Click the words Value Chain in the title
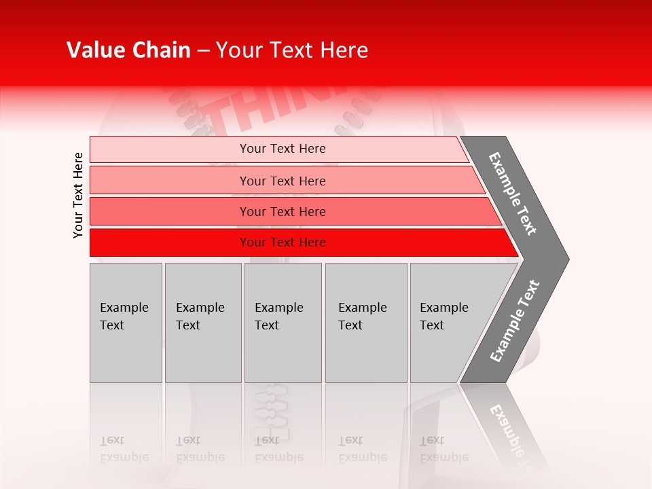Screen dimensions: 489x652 (128, 50)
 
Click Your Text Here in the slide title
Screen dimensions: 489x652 (292, 50)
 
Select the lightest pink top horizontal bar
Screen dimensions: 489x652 (170, 149)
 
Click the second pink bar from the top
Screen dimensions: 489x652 (170, 181)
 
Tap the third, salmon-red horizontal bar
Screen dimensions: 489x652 (170, 211)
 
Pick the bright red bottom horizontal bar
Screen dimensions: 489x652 (170, 242)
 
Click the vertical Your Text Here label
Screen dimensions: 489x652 (78, 195)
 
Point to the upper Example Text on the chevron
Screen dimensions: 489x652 (513, 194)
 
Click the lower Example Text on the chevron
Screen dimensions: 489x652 (515, 321)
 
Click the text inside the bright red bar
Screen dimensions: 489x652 (283, 242)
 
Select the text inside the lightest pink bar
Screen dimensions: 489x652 (283, 149)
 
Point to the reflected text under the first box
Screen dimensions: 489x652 (124, 449)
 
